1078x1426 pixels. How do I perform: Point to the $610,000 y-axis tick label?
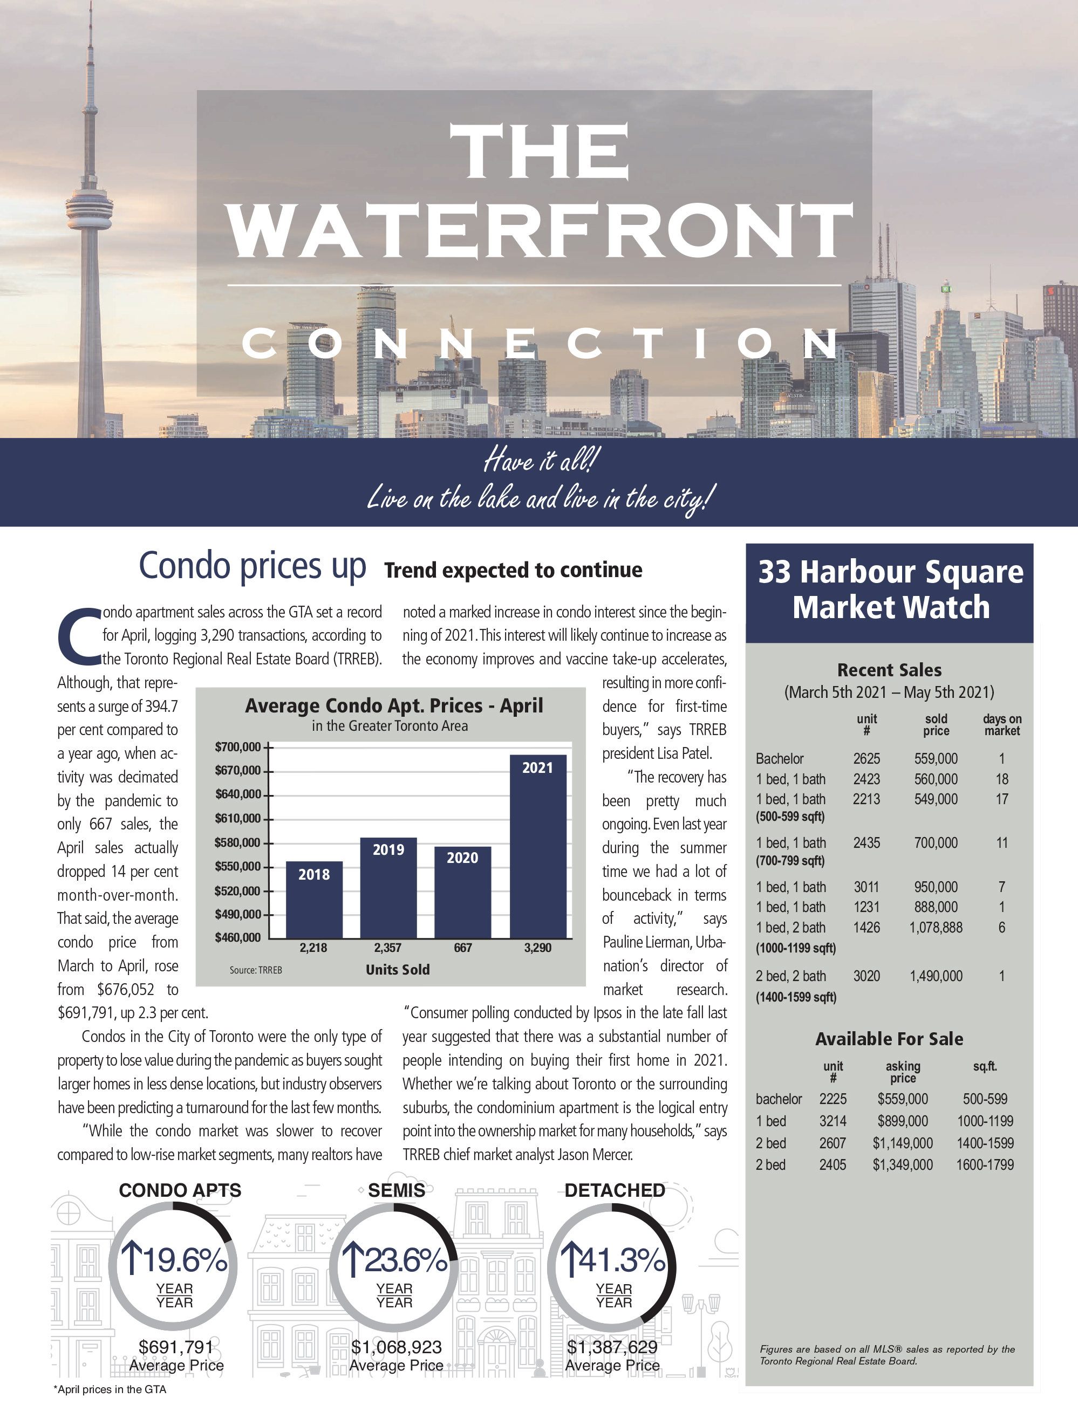pyautogui.click(x=238, y=819)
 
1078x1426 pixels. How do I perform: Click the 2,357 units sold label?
pyautogui.click(x=387, y=948)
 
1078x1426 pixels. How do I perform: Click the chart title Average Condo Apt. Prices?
pyautogui.click(x=393, y=706)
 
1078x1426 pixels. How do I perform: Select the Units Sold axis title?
pyautogui.click(x=397, y=970)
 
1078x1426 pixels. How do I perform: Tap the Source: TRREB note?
pyautogui.click(x=256, y=970)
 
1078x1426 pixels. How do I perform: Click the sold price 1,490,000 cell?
pyautogui.click(x=936, y=976)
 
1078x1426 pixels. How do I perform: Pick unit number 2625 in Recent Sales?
pyautogui.click(x=867, y=759)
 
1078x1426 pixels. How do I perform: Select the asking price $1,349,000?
pyautogui.click(x=903, y=1165)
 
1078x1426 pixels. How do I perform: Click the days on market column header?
pyautogui.click(x=1002, y=725)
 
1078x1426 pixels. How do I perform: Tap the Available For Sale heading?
pyautogui.click(x=889, y=1039)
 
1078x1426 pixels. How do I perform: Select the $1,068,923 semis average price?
pyautogui.click(x=397, y=1347)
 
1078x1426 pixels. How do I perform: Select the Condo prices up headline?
pyautogui.click(x=253, y=566)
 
